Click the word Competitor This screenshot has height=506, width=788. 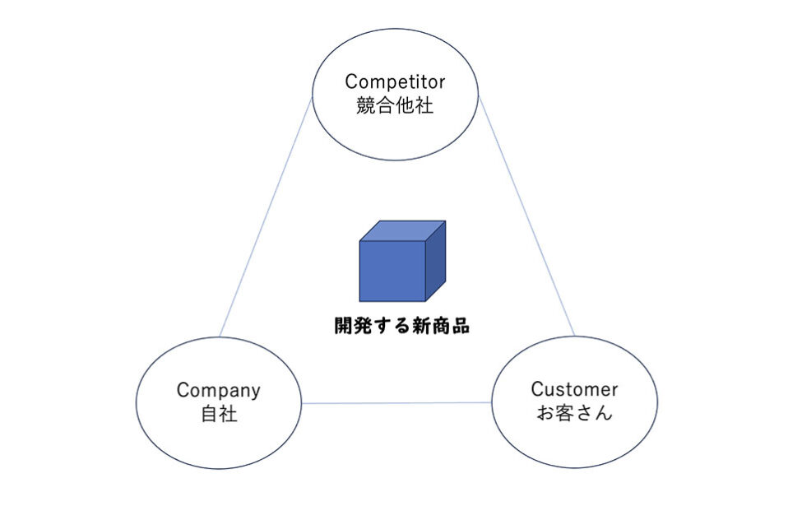tap(395, 82)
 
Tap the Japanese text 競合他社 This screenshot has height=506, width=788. tap(395, 107)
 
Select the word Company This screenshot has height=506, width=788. tap(219, 391)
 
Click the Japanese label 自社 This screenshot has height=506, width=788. tap(219, 415)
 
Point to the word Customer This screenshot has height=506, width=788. tap(573, 389)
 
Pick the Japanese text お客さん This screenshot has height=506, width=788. tap(573, 413)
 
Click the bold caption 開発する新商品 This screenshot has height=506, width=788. tap(401, 326)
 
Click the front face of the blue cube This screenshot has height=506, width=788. tap(392, 271)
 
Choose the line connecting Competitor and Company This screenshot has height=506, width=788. tap(266, 218)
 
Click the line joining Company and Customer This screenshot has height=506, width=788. tap(396, 403)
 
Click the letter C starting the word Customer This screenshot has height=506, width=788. tap(536, 389)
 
